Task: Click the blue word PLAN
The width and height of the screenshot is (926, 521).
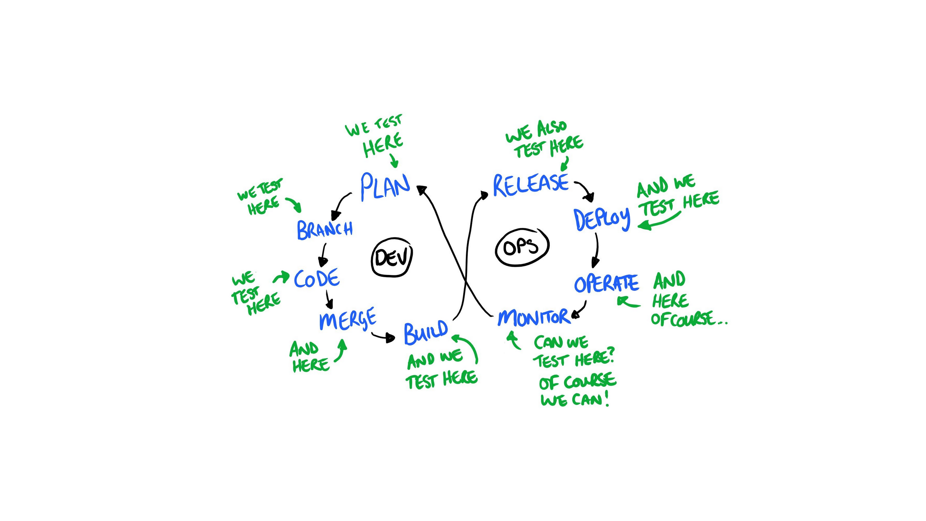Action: coord(386,186)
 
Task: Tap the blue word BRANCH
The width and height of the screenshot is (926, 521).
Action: coord(324,230)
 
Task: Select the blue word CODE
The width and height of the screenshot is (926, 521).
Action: coord(317,278)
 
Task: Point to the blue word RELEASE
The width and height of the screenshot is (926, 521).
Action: coord(531,185)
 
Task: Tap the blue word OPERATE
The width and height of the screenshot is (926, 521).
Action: coord(607,283)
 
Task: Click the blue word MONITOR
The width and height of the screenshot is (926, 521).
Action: coord(533,317)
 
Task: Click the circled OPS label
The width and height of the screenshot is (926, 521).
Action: coord(522,247)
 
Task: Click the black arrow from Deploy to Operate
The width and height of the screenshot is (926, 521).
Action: coord(596,251)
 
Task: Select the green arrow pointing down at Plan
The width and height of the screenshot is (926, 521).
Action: coord(394,160)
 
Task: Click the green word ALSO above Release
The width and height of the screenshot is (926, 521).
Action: coord(551,128)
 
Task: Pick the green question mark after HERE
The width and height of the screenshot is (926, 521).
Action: coord(611,357)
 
